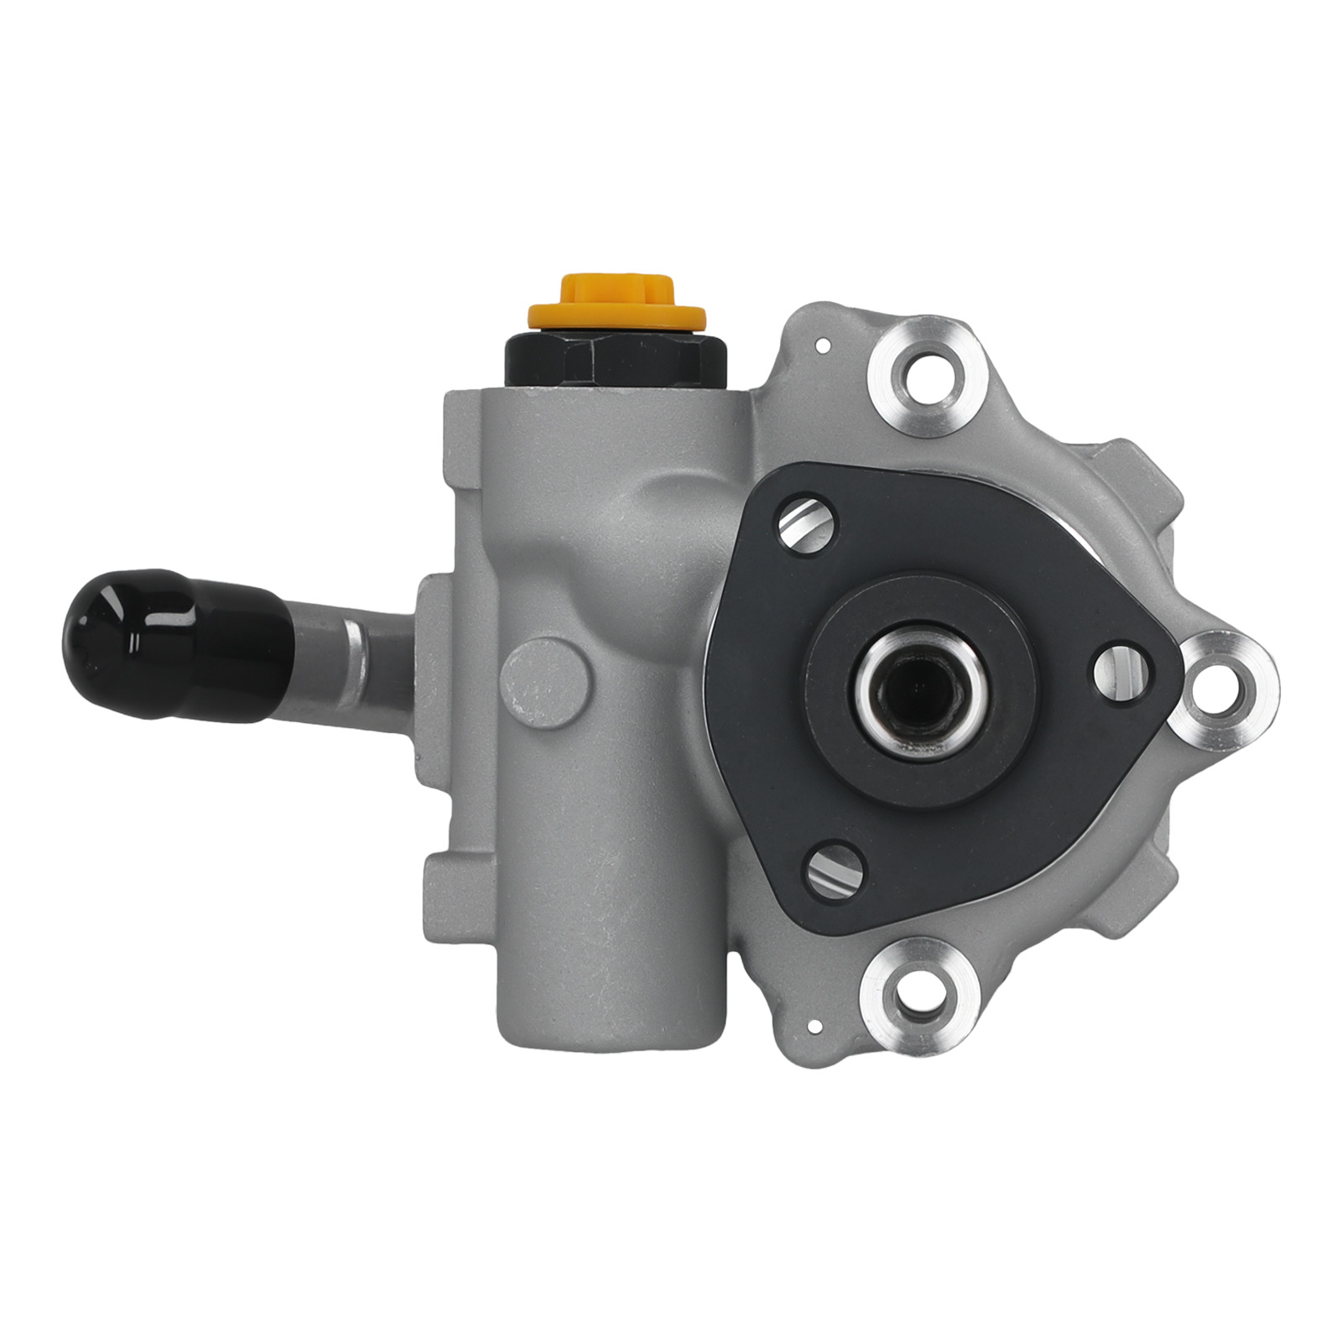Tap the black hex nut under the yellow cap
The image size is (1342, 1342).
(x=616, y=359)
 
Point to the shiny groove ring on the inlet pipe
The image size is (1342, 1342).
(x=356, y=648)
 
